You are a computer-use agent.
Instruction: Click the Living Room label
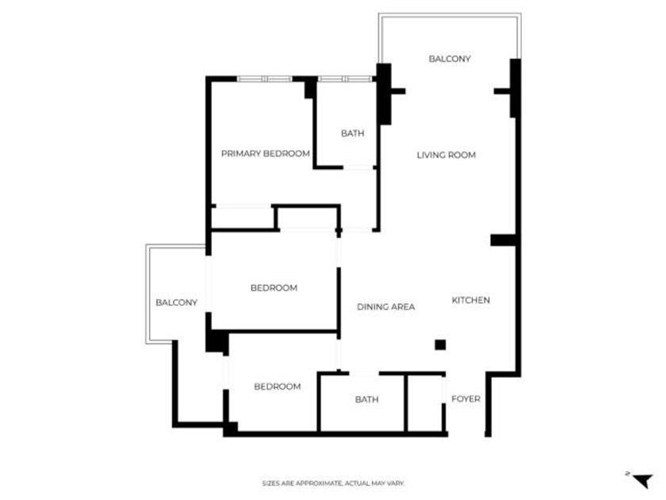pos(446,156)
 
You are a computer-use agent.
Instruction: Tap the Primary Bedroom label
pos(266,153)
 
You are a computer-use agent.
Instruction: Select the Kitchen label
pos(471,300)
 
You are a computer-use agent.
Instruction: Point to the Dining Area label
pos(385,306)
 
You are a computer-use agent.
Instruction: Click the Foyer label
pos(465,398)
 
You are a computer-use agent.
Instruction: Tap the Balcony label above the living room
pos(450,59)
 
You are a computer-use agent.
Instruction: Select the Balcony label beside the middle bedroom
pos(176,302)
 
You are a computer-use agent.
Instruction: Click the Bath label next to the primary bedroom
pos(353,133)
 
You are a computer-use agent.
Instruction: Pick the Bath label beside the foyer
pos(366,399)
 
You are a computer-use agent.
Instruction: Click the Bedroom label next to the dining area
pos(274,288)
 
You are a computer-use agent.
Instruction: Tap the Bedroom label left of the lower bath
pos(277,387)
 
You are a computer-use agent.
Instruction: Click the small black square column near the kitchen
pos(441,344)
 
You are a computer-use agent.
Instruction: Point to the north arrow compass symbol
pos(642,480)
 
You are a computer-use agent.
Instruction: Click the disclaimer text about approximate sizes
pos(333,483)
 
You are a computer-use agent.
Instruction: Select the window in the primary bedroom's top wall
pos(265,79)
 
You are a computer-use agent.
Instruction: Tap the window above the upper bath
pos(345,79)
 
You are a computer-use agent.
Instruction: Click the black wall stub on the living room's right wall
pos(503,240)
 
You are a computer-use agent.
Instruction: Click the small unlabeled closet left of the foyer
pos(425,403)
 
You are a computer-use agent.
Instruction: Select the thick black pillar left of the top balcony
pos(384,94)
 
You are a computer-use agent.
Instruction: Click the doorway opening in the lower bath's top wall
pos(364,373)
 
